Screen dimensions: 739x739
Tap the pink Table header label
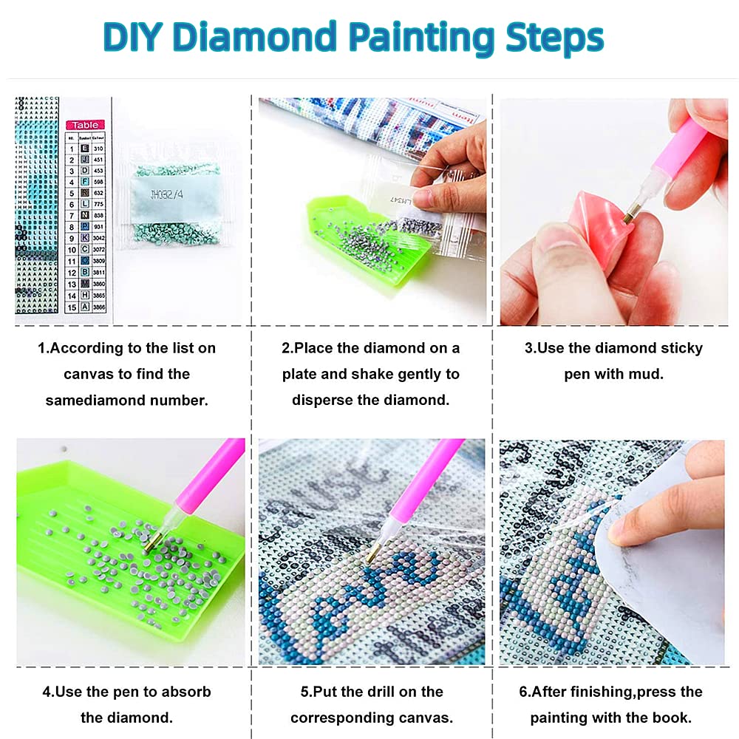(85, 125)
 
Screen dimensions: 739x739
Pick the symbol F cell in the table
(85, 182)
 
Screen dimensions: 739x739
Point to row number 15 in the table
(72, 307)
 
